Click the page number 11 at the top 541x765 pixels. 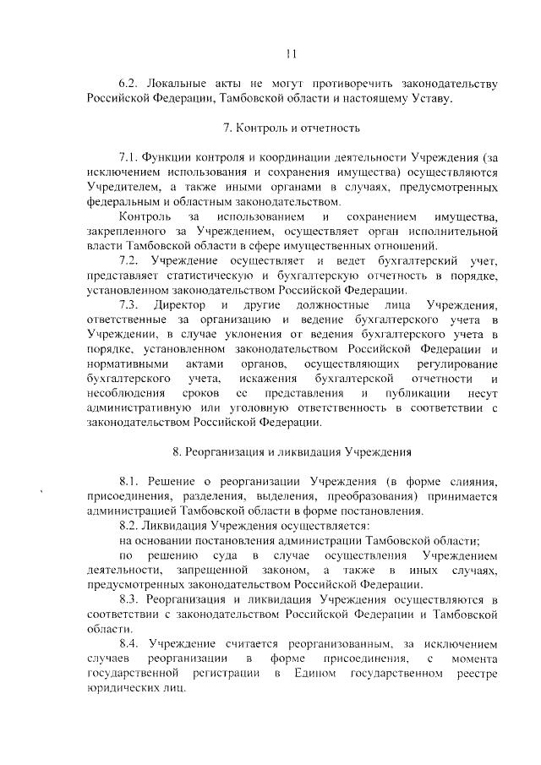coord(291,53)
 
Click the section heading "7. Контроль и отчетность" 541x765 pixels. coord(291,128)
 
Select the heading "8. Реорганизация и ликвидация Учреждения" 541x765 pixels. coord(291,451)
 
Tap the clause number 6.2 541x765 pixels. coord(128,85)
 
